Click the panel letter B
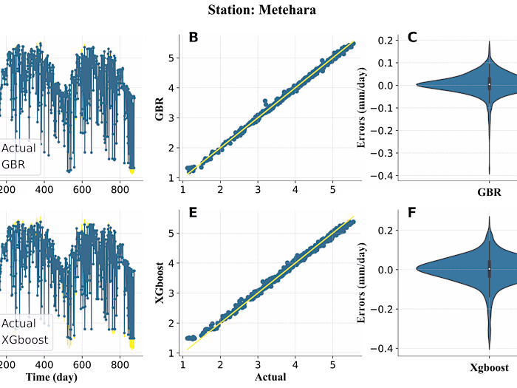194,38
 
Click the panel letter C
412,38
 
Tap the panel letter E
194,214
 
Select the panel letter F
412,214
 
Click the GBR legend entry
13,165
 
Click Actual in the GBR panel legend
18,149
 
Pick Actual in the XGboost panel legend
18,324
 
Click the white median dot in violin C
489,85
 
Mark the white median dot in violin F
489,269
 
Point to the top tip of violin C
489,41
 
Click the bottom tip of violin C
489,173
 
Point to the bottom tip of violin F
489,348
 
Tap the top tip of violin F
489,218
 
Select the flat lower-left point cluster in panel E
191,338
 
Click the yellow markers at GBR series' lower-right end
132,171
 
